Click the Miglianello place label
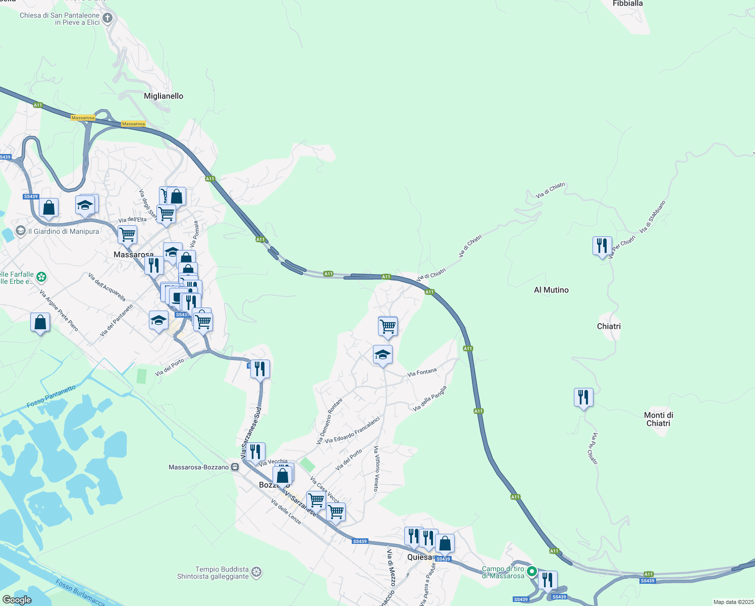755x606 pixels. coord(164,96)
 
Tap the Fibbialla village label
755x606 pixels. coord(627,4)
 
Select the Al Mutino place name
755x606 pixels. coord(551,290)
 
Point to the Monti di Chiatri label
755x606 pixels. coord(658,419)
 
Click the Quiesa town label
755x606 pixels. coord(419,557)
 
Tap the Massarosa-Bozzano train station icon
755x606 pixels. coord(235,467)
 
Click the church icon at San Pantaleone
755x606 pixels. coord(107,19)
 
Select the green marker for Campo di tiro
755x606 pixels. coord(531,572)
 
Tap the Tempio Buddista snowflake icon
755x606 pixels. coord(256,573)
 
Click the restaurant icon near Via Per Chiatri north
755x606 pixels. coord(602,245)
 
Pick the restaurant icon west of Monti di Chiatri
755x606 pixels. coord(583,397)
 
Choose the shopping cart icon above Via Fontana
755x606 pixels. coord(388,326)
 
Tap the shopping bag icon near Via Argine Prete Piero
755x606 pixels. coord(40,322)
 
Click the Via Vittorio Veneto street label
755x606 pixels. coord(376,469)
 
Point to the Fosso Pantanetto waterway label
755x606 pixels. coord(51,396)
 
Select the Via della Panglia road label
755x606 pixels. coord(430,398)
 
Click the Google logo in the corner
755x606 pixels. coord(17,600)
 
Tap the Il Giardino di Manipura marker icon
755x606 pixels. coord(21,231)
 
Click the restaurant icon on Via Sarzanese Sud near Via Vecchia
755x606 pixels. coord(255,451)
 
